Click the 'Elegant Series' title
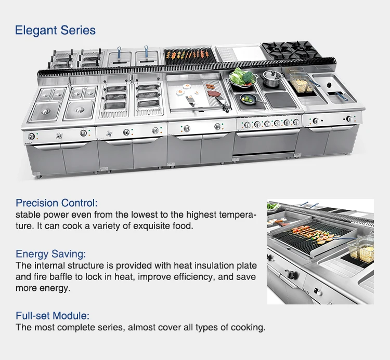point(55,30)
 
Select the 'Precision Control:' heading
point(57,203)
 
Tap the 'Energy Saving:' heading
point(51,254)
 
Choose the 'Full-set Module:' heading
point(53,315)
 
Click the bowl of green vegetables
point(242,78)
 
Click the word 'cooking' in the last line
point(248,327)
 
